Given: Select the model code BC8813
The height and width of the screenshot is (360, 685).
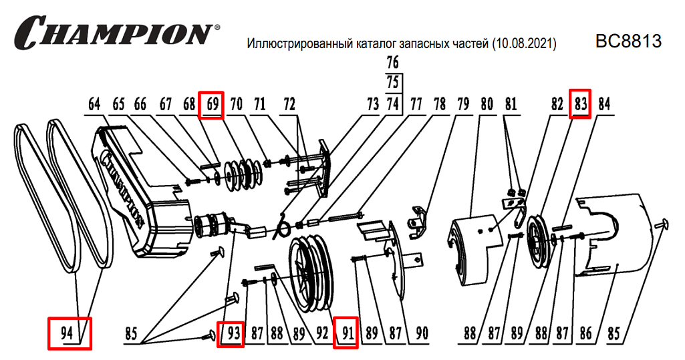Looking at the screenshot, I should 628,41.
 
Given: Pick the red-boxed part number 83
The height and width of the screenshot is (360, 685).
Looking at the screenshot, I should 580,105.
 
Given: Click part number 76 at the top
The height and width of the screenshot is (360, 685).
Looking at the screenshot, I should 392,63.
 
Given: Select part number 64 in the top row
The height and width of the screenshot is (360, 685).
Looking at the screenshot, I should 94,105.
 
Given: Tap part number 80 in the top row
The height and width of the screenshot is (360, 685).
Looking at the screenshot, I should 486,105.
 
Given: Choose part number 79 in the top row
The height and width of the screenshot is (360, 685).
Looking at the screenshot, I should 462,105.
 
